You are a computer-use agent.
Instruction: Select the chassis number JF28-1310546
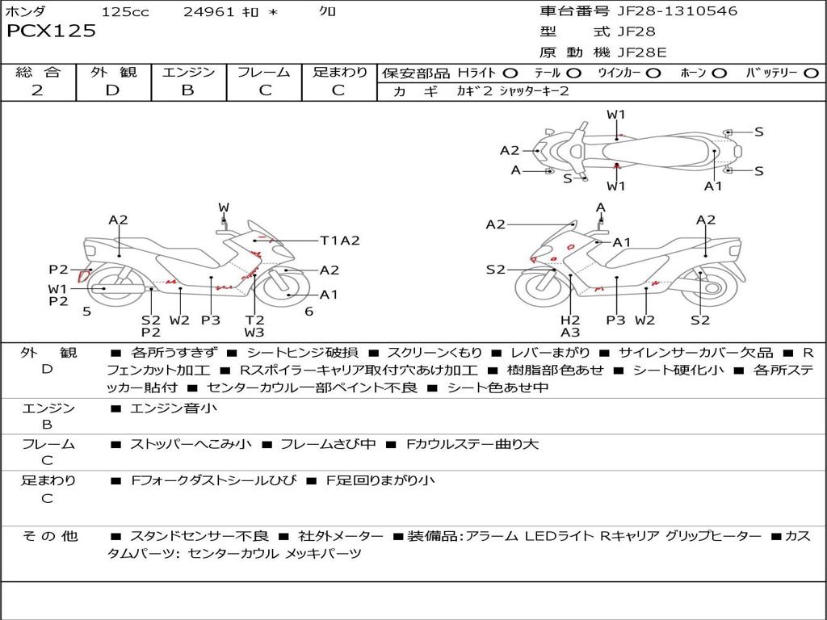[x=665, y=11]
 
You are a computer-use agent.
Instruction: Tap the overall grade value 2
[x=37, y=90]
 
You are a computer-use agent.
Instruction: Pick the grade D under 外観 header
[x=112, y=90]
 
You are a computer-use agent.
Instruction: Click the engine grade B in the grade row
[x=187, y=90]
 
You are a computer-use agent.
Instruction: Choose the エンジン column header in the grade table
[x=188, y=72]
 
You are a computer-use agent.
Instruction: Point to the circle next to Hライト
[x=511, y=73]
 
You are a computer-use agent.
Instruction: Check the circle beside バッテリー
[x=811, y=73]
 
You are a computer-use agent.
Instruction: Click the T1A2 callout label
[x=339, y=240]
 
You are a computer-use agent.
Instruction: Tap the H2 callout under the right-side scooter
[x=570, y=320]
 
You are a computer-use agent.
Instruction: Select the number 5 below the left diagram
[x=86, y=311]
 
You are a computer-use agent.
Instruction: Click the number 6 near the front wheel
[x=309, y=311]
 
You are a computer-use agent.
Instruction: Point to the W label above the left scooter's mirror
[x=224, y=208]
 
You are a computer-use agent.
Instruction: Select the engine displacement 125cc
[x=125, y=12]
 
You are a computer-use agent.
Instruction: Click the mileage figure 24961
[x=209, y=12]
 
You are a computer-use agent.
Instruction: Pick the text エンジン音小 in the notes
[x=174, y=408]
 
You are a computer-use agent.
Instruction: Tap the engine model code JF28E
[x=642, y=52]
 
